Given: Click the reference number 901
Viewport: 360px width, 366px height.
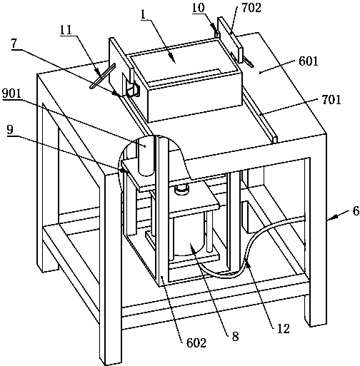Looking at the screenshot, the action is [x=11, y=94].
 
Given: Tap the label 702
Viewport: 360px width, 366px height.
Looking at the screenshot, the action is [x=251, y=8].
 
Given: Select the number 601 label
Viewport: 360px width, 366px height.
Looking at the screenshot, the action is [x=309, y=61].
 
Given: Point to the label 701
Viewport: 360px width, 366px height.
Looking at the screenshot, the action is [x=331, y=99].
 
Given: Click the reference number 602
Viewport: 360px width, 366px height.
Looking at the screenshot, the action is [x=196, y=342].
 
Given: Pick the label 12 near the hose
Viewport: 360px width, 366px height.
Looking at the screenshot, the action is [x=283, y=328].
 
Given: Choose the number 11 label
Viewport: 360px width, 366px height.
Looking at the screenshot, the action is [x=66, y=30].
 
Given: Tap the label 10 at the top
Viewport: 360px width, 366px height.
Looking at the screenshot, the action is [x=199, y=7].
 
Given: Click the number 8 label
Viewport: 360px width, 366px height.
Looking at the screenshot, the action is [x=235, y=337].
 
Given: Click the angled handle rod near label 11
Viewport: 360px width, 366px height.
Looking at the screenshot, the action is [x=103, y=76].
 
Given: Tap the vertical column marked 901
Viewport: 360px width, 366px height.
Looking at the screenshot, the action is [x=146, y=156].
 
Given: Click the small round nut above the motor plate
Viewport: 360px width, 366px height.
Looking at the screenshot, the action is [x=181, y=189].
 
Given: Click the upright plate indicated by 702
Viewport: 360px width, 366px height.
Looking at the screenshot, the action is [x=230, y=40].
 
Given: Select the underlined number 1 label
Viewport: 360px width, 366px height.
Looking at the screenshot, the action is [x=143, y=15].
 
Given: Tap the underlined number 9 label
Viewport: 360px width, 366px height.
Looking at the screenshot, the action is [x=10, y=131].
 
